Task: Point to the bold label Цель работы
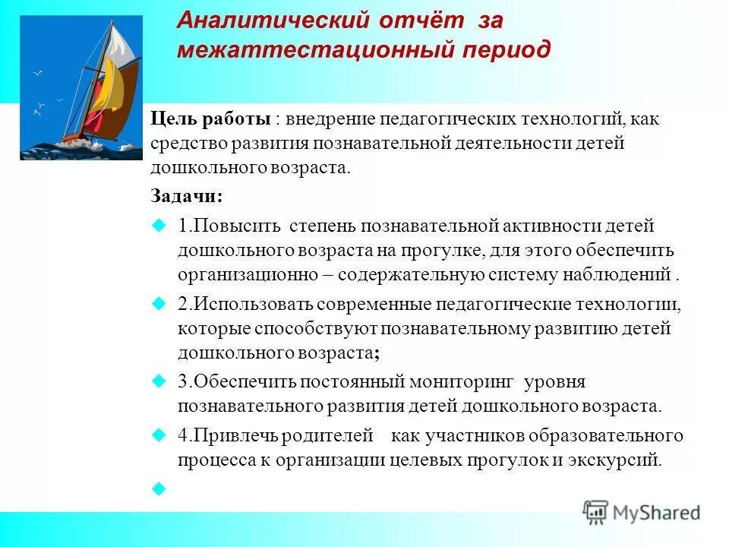[210, 119]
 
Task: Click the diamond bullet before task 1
[159, 226]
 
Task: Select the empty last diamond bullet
[159, 489]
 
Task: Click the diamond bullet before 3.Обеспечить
[159, 381]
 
